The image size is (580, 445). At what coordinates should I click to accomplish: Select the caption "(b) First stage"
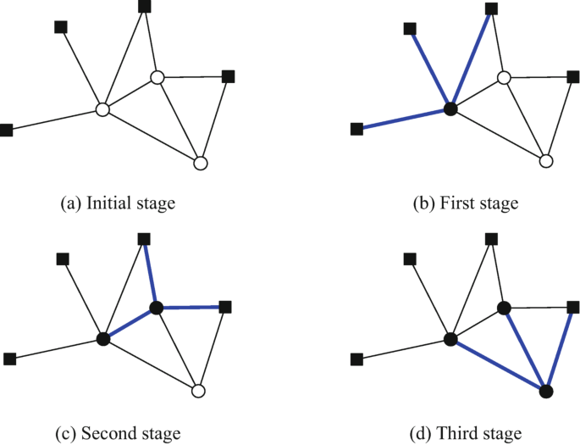[464, 203]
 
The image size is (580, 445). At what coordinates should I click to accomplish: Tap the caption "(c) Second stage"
[119, 433]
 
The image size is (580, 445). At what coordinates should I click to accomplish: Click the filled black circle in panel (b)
[450, 108]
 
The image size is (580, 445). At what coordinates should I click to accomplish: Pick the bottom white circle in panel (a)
[200, 162]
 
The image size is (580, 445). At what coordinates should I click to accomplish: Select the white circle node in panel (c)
[199, 391]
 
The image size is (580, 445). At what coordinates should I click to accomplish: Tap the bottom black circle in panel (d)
[546, 391]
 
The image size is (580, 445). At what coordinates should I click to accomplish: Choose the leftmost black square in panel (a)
[7, 131]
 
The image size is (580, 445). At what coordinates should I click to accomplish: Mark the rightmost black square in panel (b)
[574, 77]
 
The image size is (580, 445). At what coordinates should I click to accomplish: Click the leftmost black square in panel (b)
[356, 129]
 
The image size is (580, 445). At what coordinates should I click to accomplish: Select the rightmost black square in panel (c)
[225, 306]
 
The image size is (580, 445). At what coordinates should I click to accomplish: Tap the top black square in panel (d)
[491, 240]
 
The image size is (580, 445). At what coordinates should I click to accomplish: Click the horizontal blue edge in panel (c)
[191, 307]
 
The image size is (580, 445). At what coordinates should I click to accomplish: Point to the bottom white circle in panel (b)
[546, 161]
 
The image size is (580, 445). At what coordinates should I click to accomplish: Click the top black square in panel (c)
[144, 240]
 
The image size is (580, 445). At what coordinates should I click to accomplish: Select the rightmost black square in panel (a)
[227, 76]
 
